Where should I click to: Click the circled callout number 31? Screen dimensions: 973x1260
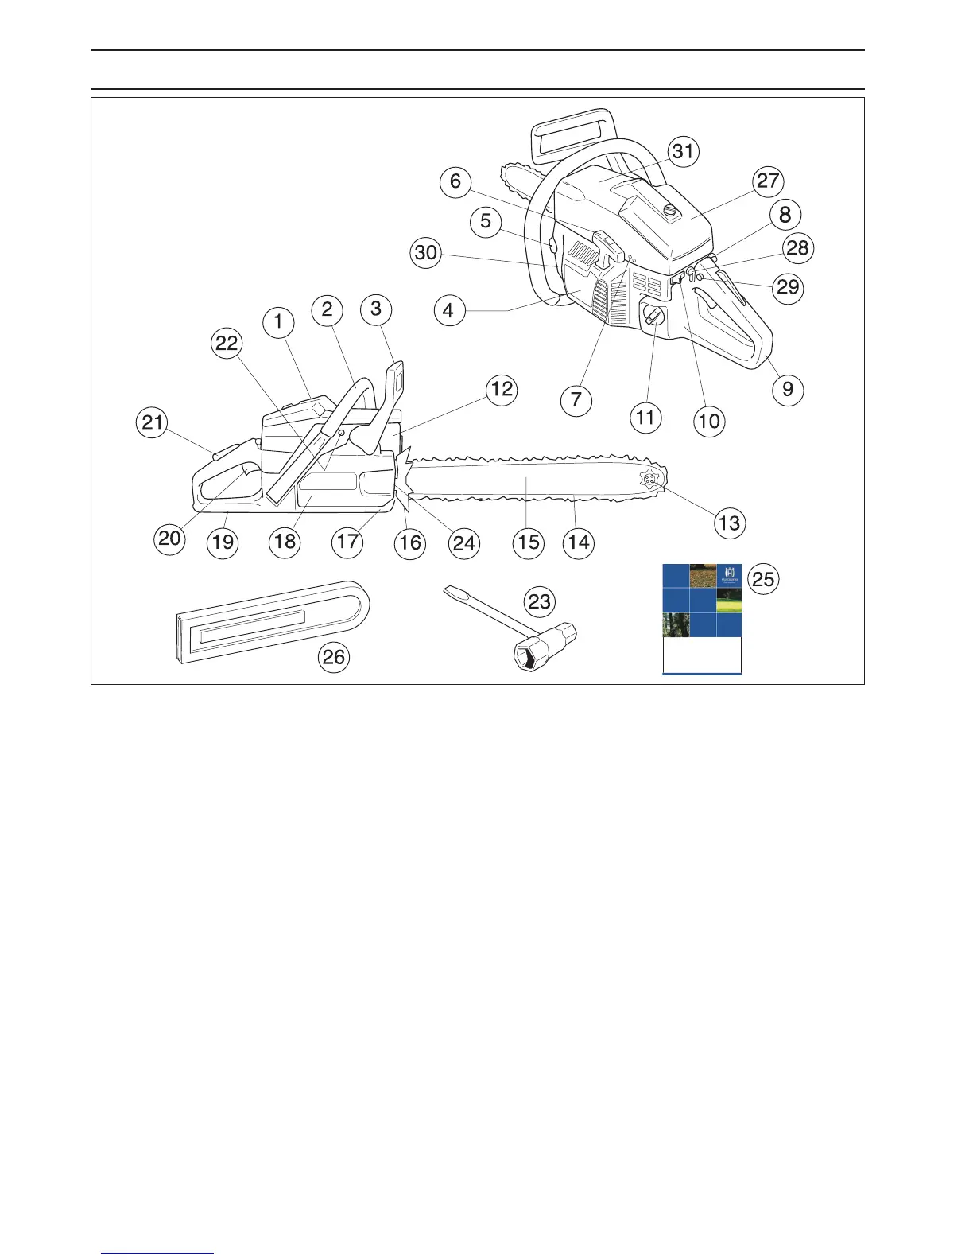click(x=683, y=151)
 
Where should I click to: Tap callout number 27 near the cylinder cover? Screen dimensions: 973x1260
click(x=768, y=181)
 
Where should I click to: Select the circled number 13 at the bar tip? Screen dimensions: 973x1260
click(x=729, y=523)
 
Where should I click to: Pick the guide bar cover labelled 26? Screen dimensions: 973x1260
click(x=270, y=620)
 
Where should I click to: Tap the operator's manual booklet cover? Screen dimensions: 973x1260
click(x=702, y=619)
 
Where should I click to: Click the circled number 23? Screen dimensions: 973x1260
click(x=540, y=601)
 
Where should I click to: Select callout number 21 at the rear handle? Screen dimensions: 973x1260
click(x=152, y=422)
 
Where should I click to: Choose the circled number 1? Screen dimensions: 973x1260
click(x=278, y=322)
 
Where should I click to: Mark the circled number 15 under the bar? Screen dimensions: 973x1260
click(x=529, y=542)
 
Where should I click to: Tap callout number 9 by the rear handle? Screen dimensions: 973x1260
click(x=788, y=389)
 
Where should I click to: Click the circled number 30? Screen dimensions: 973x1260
click(x=427, y=253)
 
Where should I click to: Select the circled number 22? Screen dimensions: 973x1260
click(x=227, y=344)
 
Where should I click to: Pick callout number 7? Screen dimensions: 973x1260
click(x=576, y=399)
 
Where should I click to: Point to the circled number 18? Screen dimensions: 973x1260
click(x=285, y=542)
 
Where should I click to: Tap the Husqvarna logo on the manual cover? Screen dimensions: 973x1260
click(x=729, y=574)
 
